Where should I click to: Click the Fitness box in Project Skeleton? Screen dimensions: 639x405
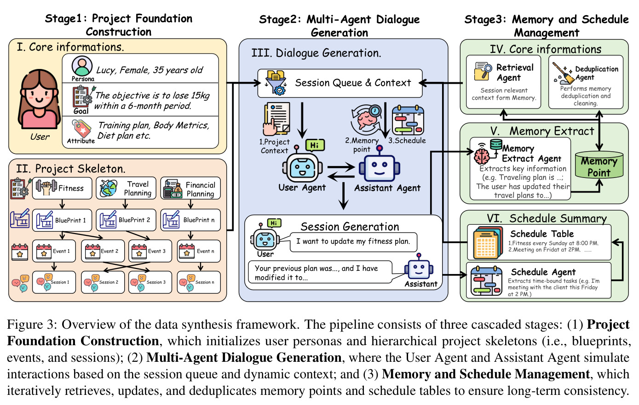click(x=62, y=188)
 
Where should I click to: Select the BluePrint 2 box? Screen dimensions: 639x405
click(x=126, y=220)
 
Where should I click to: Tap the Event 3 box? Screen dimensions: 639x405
click(x=150, y=251)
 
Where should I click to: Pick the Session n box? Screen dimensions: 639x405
click(x=199, y=282)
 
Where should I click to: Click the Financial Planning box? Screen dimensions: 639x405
click(x=190, y=188)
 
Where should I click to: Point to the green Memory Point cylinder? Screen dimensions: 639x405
click(x=599, y=165)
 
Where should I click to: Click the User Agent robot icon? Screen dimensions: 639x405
click(x=302, y=167)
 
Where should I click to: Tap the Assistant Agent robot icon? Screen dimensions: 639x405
click(x=380, y=165)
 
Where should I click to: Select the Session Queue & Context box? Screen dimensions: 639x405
click(x=340, y=83)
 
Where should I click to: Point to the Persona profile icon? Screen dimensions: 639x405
click(x=82, y=66)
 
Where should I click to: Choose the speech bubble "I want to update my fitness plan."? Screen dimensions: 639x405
click(x=353, y=242)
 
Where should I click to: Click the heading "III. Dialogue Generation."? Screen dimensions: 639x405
click(x=316, y=53)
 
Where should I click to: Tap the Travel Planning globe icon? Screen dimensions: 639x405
click(x=109, y=188)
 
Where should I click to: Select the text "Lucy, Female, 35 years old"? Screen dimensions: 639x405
click(x=150, y=70)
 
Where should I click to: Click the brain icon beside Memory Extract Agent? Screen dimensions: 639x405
click(x=482, y=154)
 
